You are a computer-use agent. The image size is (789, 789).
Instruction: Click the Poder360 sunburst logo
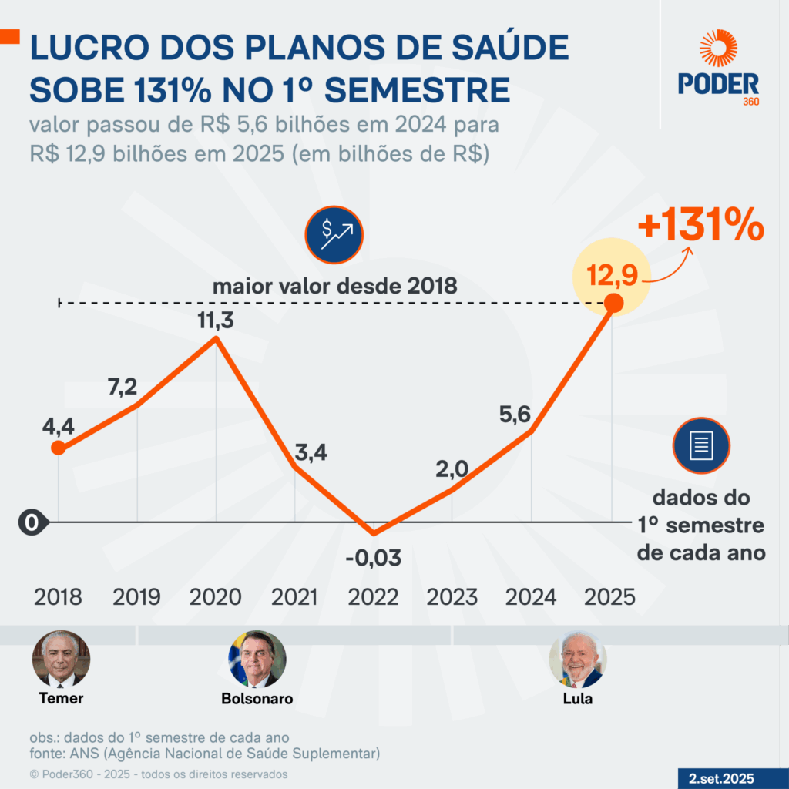tap(718, 49)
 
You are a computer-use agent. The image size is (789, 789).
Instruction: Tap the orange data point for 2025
tap(613, 304)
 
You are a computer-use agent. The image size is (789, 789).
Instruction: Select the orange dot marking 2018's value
tap(58, 448)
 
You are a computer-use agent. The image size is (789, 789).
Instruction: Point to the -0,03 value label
tap(374, 557)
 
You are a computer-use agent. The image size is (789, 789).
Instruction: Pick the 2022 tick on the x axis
tap(374, 597)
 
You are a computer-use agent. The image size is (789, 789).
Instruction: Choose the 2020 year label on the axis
tap(216, 597)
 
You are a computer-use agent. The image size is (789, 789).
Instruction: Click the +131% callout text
tap(700, 228)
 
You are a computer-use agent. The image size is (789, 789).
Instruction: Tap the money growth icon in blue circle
tap(334, 234)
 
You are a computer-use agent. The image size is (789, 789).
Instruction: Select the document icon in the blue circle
tap(701, 445)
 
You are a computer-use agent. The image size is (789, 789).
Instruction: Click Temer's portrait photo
tap(61, 660)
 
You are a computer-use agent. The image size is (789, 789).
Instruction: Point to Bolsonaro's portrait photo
tap(257, 660)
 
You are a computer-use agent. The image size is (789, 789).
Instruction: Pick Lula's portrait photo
tap(578, 660)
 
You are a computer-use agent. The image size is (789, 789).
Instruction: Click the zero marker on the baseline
tap(32, 522)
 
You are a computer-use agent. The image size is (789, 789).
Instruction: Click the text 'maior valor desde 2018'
tap(335, 286)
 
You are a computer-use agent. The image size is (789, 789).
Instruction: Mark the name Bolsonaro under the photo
tap(257, 699)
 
